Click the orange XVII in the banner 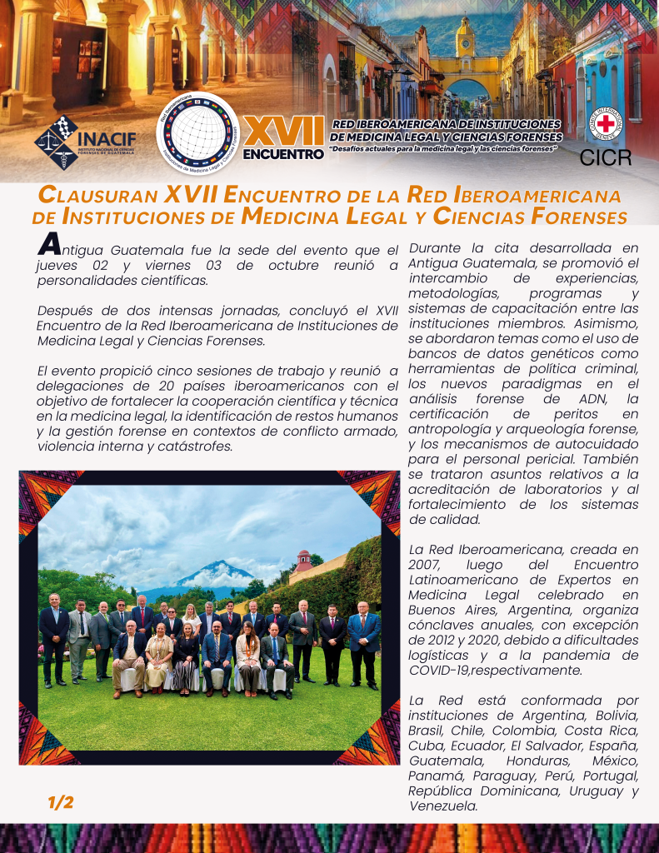284,132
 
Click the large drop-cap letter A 49,245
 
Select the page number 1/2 61,802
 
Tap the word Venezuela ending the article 443,806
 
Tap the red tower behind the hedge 303,559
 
